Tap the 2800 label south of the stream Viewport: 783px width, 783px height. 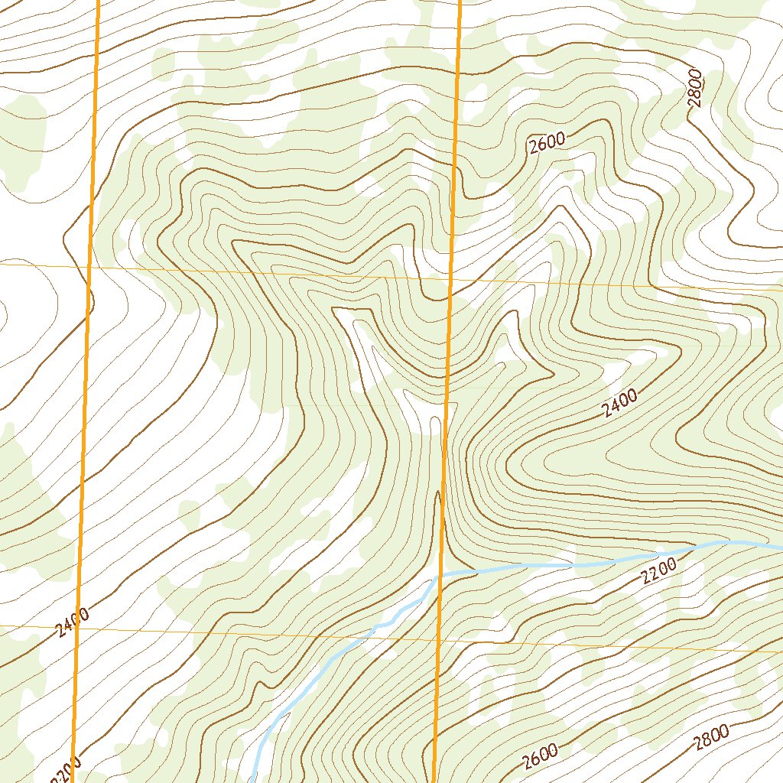pyautogui.click(x=710, y=739)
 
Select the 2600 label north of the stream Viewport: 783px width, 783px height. pyautogui.click(x=546, y=143)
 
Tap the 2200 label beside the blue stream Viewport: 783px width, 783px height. pyautogui.click(x=659, y=570)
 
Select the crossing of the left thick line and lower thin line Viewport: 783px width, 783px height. pyautogui.click(x=80, y=625)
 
